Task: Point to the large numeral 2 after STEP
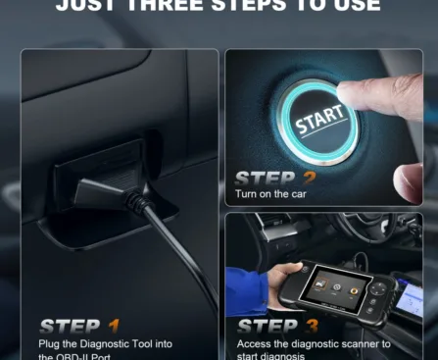308,180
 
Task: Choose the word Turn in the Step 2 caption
247,194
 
